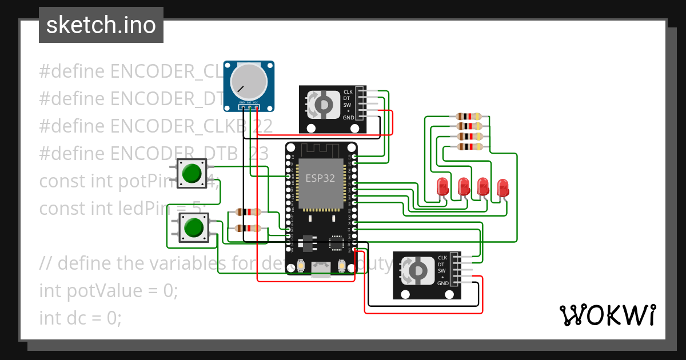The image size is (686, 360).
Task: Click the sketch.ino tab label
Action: (x=101, y=25)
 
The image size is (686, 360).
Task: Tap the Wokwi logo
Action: (x=607, y=315)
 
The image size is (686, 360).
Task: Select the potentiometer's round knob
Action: (x=249, y=82)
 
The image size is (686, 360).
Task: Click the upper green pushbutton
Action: (x=192, y=173)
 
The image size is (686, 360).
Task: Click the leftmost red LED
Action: (x=442, y=187)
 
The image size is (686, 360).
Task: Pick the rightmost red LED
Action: (x=502, y=187)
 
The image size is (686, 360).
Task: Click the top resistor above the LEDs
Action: (x=469, y=117)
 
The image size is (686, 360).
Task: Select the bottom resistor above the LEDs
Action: (x=469, y=147)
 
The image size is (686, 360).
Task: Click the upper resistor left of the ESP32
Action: (x=249, y=212)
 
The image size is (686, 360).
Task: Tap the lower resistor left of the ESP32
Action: (x=249, y=229)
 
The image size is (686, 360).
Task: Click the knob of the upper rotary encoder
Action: (x=322, y=105)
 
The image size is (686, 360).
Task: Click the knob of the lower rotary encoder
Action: (x=417, y=270)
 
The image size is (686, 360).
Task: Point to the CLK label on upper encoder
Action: (x=348, y=92)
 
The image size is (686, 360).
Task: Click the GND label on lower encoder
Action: (x=442, y=283)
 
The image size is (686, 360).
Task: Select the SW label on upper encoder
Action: (x=347, y=105)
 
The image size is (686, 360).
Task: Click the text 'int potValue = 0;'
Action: (x=109, y=291)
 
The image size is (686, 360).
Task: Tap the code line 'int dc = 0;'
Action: (x=80, y=318)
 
